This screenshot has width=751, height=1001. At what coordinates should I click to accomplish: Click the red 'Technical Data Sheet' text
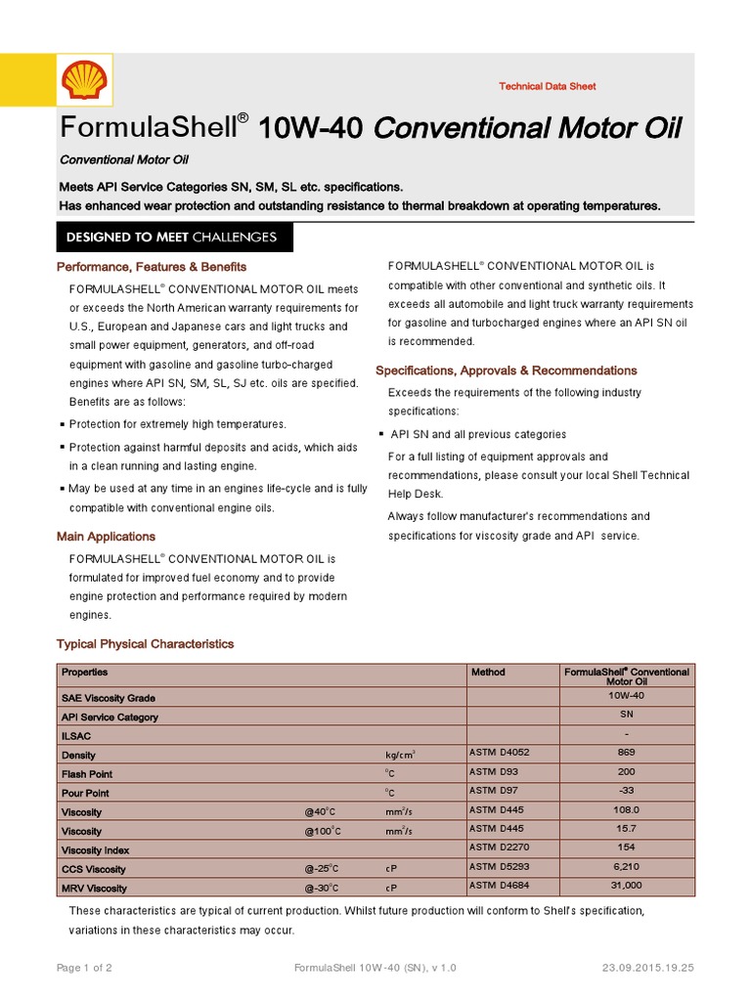[x=547, y=87]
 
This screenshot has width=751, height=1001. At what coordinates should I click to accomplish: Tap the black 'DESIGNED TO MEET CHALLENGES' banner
[x=171, y=238]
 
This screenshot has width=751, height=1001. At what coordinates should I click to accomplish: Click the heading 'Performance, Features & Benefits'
[x=152, y=267]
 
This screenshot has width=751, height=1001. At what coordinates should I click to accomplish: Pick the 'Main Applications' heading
[x=106, y=537]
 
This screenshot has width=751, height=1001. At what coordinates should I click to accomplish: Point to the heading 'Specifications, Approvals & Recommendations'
[x=506, y=370]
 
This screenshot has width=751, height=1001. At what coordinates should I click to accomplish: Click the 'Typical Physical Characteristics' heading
[x=146, y=644]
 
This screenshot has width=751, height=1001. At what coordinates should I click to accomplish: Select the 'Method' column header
[x=488, y=673]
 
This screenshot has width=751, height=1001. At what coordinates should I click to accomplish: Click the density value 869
[x=627, y=753]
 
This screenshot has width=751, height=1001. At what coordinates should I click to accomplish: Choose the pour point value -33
[x=627, y=791]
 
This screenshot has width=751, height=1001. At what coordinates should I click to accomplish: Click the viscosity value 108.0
[x=627, y=810]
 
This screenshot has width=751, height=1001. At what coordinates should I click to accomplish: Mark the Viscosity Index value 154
[x=627, y=848]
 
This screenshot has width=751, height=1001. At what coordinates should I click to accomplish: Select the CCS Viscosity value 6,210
[x=627, y=867]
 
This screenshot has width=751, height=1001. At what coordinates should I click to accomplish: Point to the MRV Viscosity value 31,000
[x=627, y=886]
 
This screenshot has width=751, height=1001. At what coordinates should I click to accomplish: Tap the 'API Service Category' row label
[x=110, y=718]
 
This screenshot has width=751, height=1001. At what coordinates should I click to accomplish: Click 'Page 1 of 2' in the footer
[x=85, y=968]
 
